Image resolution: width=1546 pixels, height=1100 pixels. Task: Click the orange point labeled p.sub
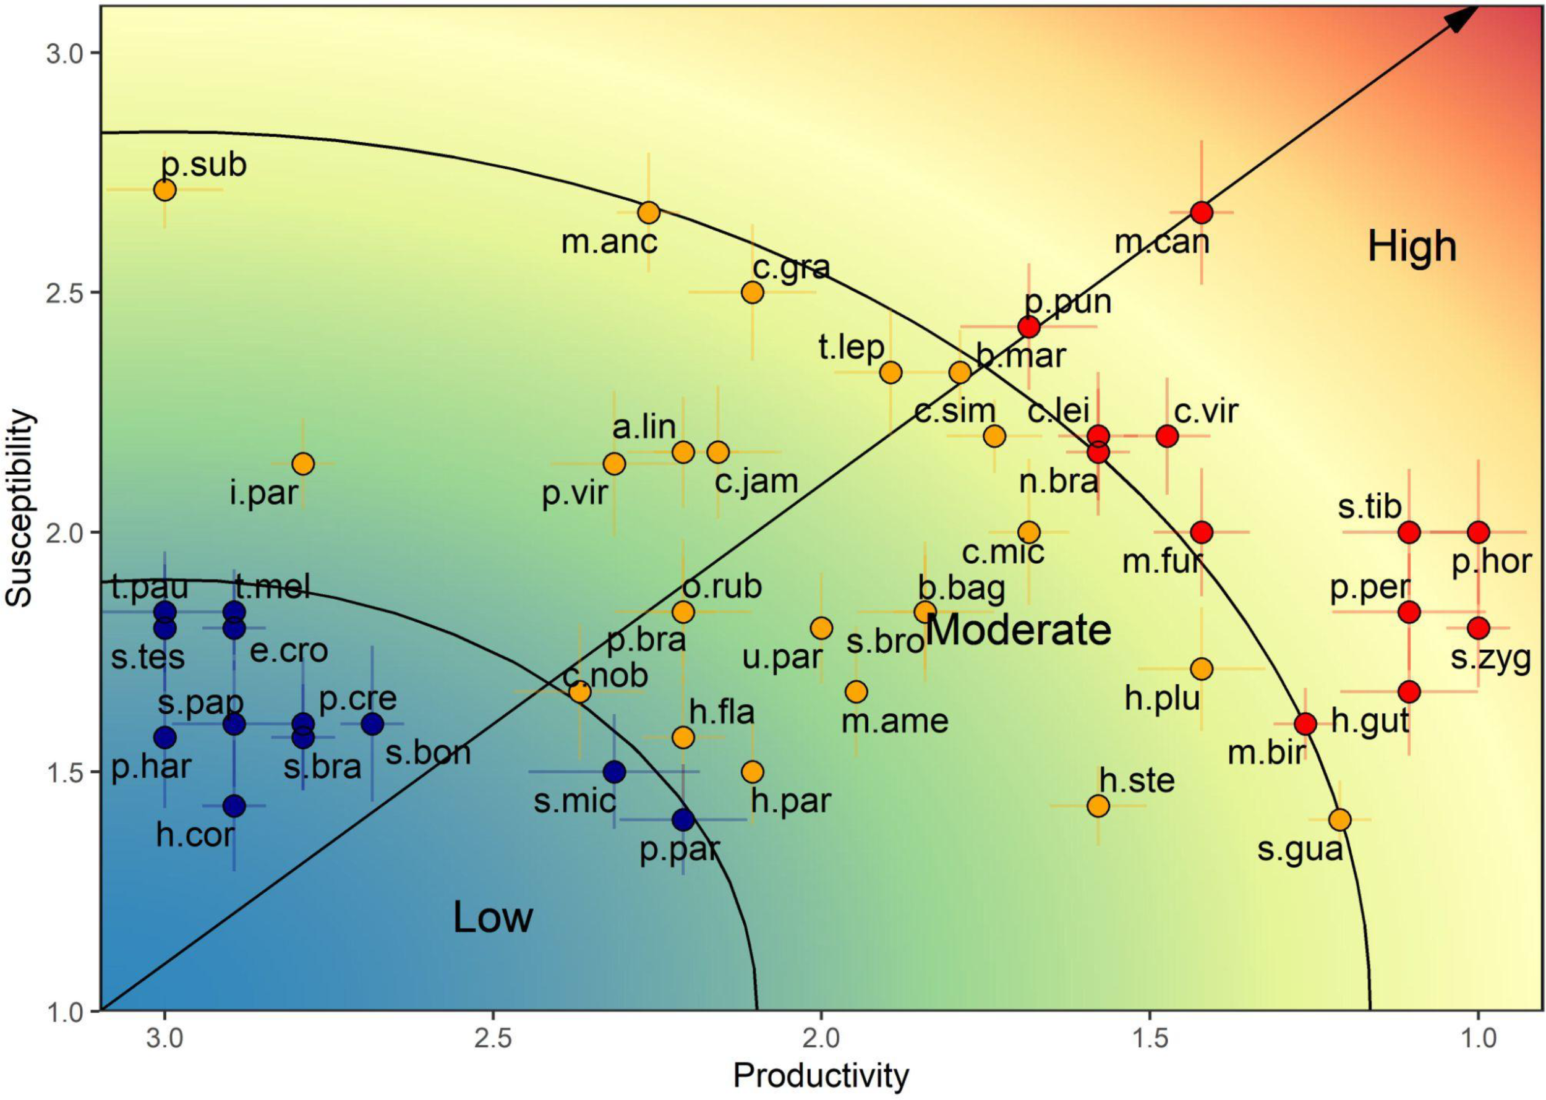pos(164,190)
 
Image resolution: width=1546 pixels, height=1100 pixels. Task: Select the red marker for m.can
pos(1201,212)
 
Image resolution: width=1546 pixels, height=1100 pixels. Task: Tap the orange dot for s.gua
pos(1339,819)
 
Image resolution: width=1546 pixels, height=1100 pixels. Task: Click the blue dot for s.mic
pos(614,772)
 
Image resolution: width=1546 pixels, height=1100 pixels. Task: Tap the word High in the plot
pos(1412,246)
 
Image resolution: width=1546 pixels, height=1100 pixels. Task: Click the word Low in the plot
pos(492,917)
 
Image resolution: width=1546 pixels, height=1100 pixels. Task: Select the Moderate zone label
pos(1017,630)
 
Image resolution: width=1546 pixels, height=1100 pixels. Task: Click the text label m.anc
pos(609,242)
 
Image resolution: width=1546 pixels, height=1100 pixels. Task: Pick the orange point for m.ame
pos(856,691)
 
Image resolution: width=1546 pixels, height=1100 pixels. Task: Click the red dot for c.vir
pos(1167,435)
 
